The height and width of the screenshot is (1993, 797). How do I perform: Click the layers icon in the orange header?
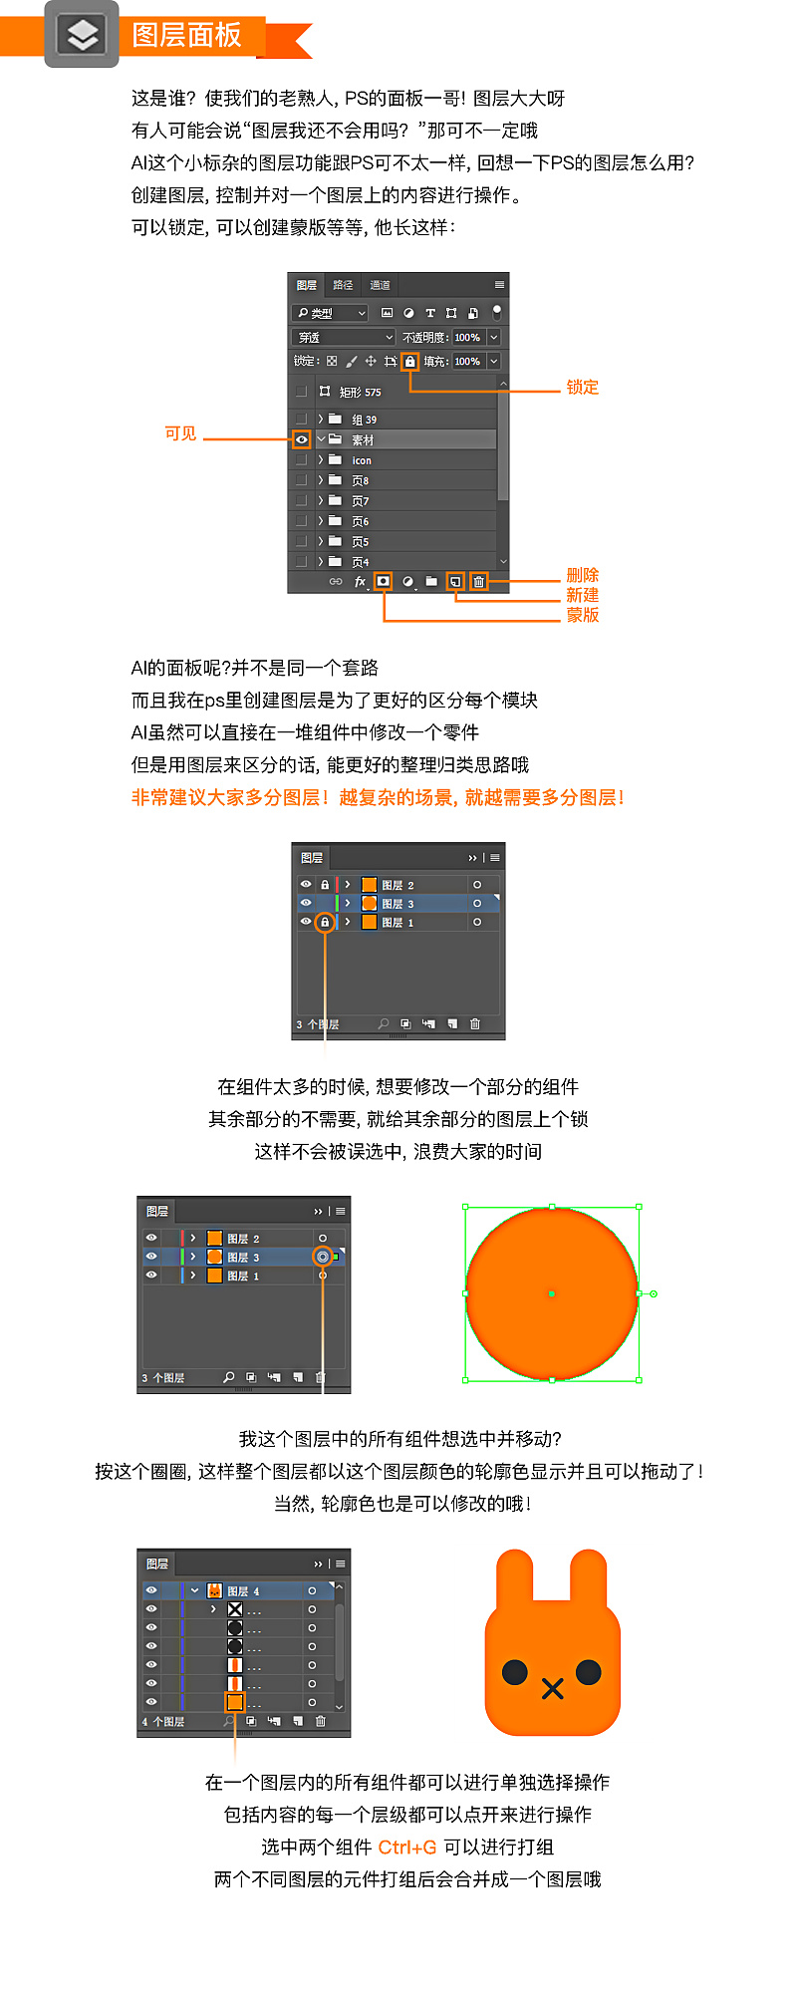coord(82,35)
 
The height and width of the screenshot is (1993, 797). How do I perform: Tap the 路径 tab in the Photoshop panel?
coord(343,285)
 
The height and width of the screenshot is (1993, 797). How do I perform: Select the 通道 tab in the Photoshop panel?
coord(380,285)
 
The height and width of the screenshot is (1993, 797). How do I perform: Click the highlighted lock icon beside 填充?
coord(409,361)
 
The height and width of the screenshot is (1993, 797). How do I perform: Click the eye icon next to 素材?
coord(301,439)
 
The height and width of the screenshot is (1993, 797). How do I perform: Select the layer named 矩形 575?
coord(360,392)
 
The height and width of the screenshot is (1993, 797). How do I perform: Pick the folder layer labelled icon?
coord(361,460)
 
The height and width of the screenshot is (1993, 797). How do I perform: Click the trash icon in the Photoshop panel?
coord(478,581)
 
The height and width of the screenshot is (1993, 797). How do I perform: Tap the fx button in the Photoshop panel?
coord(360,581)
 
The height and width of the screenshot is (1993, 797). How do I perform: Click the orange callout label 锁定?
coord(583,388)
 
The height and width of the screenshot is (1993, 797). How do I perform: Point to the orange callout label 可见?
coord(180,433)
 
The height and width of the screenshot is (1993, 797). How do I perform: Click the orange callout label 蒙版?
coord(583,615)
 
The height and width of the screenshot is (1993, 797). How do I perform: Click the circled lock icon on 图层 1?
coord(324,922)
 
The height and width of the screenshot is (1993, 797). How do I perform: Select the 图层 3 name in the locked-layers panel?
coord(397,904)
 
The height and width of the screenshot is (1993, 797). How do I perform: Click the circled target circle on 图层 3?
coord(322,1257)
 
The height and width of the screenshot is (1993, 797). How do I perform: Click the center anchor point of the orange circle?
coord(552,1293)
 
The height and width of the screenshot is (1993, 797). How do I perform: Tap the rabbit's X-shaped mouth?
coord(553,1688)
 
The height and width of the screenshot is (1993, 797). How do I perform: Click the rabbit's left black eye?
coord(515,1671)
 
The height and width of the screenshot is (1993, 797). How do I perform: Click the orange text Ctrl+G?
coord(407,1847)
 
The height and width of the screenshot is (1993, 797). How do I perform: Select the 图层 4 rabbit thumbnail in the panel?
coord(214,1590)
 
